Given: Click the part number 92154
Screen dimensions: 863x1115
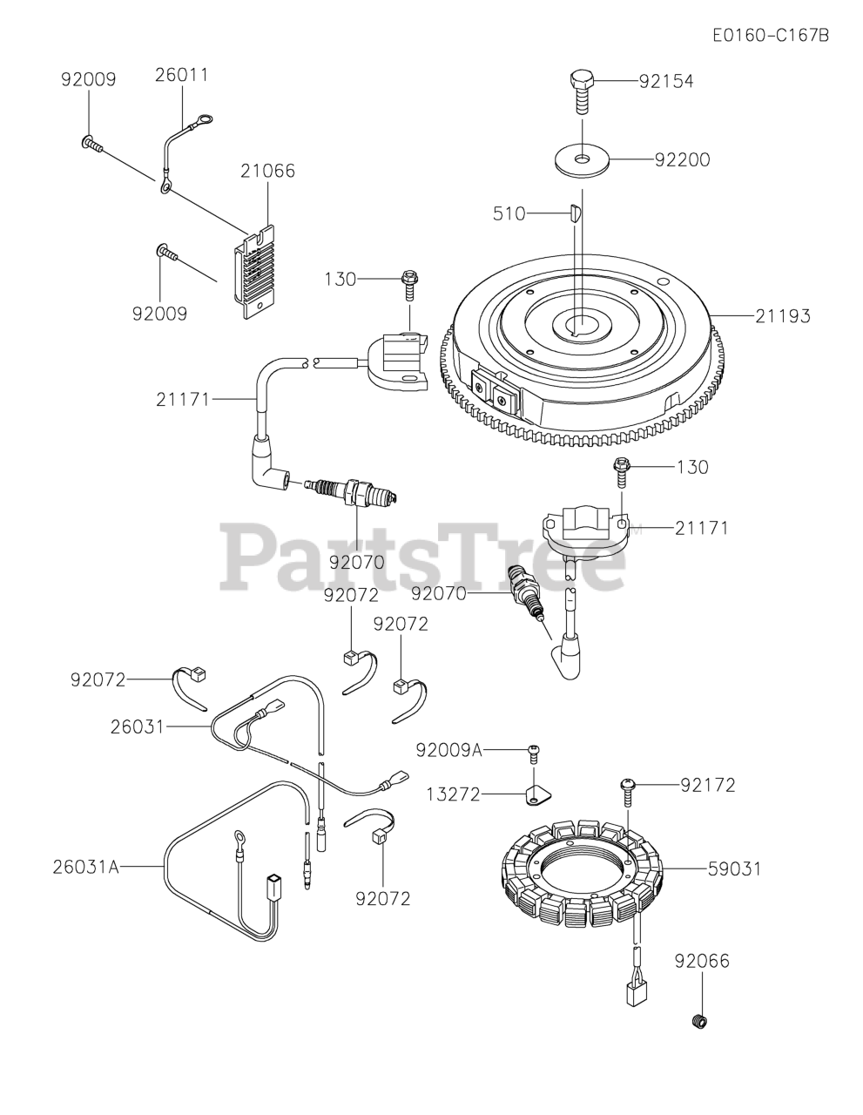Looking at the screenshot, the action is (x=666, y=81).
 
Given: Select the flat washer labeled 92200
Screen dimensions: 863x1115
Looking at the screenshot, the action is (x=581, y=160).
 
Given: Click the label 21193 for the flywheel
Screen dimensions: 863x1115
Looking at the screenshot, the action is (x=782, y=315).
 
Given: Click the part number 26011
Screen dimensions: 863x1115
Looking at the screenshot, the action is (x=182, y=75).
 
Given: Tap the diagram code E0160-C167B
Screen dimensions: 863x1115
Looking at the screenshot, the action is (x=770, y=36).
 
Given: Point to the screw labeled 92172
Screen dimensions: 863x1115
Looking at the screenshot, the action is (x=628, y=787).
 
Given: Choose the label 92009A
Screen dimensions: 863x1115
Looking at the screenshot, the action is (x=448, y=750).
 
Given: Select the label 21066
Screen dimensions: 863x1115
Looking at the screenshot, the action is (x=267, y=171).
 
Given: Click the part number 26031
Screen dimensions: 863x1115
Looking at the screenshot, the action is (x=138, y=725).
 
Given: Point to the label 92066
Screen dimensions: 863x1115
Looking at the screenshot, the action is (x=702, y=961).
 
